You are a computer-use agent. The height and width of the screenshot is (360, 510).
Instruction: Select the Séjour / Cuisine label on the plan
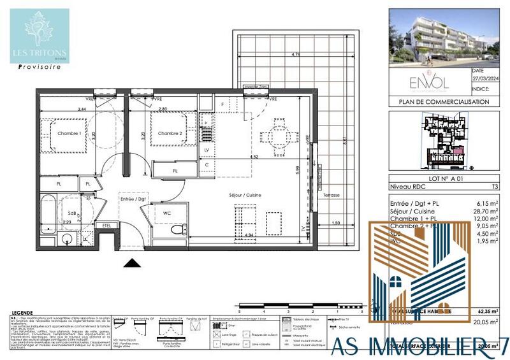click(x=245, y=195)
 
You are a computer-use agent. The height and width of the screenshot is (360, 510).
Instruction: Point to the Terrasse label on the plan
click(x=331, y=194)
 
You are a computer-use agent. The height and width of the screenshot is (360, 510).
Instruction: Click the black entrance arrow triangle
click(x=131, y=263)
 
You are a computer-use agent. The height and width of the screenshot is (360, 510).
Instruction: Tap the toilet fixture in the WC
click(x=181, y=227)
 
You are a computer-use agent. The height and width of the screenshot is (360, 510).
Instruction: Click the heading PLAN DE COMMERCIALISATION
click(x=444, y=101)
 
